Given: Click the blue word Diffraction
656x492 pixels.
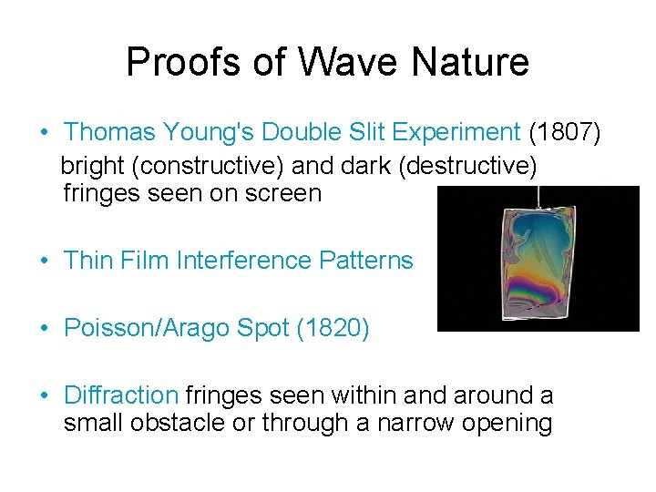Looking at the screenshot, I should [x=120, y=395].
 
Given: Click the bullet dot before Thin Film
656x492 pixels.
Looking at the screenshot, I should [x=44, y=261].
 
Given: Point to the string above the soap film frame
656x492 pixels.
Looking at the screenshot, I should [x=538, y=196].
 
